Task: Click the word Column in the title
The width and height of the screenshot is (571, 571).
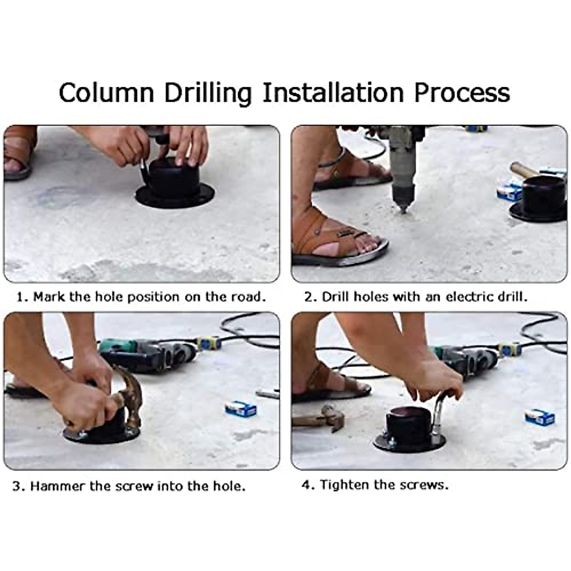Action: coord(107,92)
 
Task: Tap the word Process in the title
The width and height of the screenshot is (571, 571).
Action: coord(462,92)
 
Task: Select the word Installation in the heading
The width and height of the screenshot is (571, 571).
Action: coord(333,92)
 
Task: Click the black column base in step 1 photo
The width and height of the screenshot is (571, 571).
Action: coord(174,184)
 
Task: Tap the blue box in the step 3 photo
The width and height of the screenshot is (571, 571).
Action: coord(240,409)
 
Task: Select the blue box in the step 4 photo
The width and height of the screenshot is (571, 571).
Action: coord(540,417)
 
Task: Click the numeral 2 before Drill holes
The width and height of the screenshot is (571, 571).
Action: coord(308,296)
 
